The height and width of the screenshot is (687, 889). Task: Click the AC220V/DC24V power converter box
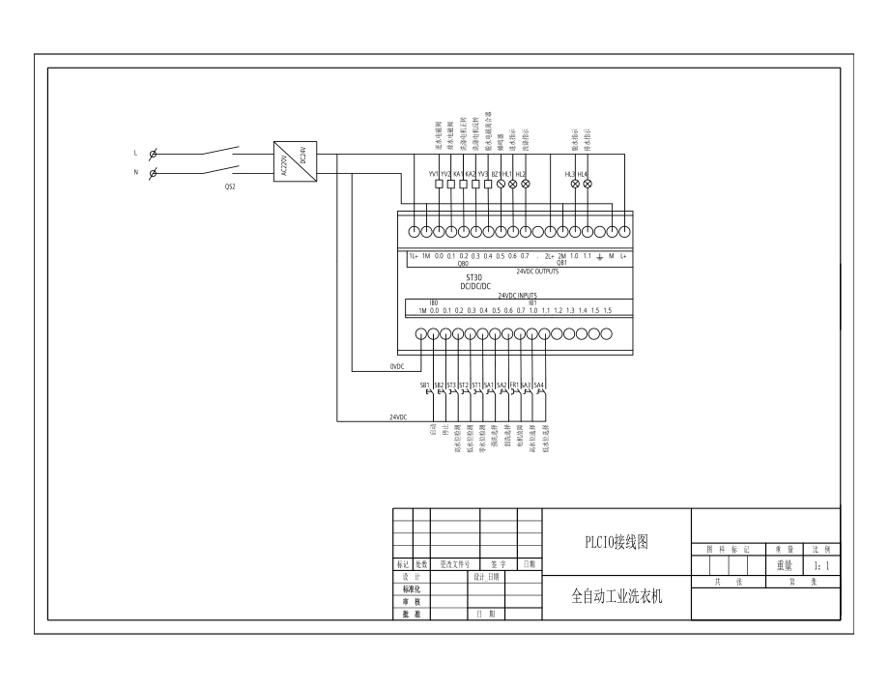pyautogui.click(x=291, y=160)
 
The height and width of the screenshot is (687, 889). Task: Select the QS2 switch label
pyautogui.click(x=229, y=186)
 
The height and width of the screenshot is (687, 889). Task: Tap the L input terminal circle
pyautogui.click(x=155, y=153)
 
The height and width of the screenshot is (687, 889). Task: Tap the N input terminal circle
pyautogui.click(x=155, y=173)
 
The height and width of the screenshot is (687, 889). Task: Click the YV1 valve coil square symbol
pyautogui.click(x=439, y=183)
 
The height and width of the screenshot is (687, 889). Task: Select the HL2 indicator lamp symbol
pyautogui.click(x=525, y=183)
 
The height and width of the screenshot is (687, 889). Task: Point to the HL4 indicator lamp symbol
pyautogui.click(x=587, y=183)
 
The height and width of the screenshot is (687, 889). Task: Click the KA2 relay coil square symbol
pyautogui.click(x=475, y=183)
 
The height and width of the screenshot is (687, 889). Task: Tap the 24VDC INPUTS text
pyautogui.click(x=511, y=296)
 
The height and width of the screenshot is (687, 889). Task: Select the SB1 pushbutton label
pyautogui.click(x=425, y=386)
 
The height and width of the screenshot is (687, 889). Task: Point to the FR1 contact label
pyautogui.click(x=513, y=386)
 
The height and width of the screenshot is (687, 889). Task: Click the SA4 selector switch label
pyautogui.click(x=539, y=386)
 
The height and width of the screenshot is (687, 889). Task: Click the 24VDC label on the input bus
pyautogui.click(x=397, y=417)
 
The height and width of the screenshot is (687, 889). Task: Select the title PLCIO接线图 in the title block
pyautogui.click(x=616, y=542)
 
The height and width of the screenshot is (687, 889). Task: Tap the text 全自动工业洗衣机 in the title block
pyautogui.click(x=617, y=597)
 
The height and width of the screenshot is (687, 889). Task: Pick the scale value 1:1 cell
pyautogui.click(x=821, y=566)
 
